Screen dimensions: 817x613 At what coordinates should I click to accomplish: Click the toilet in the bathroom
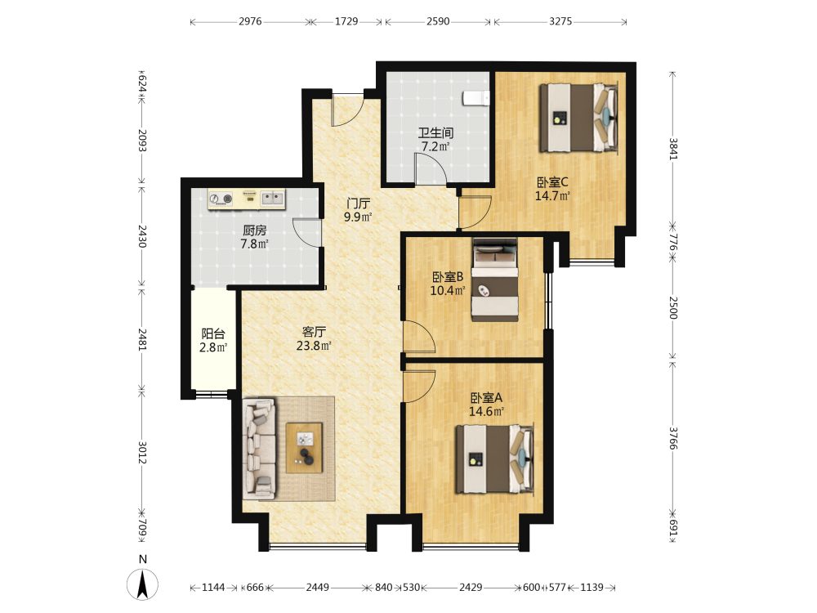(x=476, y=98)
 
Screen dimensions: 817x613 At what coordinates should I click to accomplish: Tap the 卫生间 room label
(x=435, y=133)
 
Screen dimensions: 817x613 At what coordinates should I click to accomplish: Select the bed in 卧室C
(x=579, y=118)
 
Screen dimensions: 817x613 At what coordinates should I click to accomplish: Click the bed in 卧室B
(x=495, y=280)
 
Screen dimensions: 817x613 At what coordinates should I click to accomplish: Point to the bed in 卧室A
(x=495, y=459)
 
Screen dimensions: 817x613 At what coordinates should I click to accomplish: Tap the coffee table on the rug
(x=304, y=448)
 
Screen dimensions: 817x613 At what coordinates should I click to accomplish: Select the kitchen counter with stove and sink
(x=247, y=199)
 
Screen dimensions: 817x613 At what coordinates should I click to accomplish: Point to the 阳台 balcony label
(x=213, y=333)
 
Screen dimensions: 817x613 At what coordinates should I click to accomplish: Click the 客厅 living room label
(x=315, y=332)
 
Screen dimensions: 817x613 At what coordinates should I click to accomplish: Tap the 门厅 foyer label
(x=358, y=204)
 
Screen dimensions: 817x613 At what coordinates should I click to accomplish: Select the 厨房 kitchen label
(x=254, y=230)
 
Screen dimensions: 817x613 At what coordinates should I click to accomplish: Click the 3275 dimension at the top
(x=560, y=21)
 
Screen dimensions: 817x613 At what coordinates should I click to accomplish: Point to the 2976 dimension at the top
(x=250, y=21)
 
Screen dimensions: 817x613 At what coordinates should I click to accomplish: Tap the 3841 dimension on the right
(x=672, y=149)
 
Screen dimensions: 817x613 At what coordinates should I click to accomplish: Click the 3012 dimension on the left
(x=141, y=452)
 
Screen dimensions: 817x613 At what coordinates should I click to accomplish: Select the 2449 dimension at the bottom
(x=317, y=588)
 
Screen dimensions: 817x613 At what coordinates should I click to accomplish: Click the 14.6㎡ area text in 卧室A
(x=486, y=411)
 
